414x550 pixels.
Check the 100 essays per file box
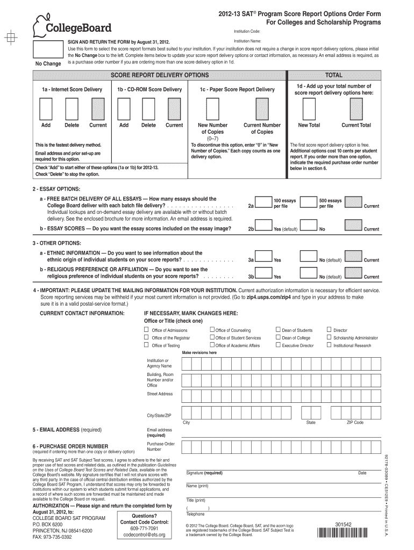pyautogui.click(x=263, y=202)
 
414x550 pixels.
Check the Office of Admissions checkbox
pyautogui.click(x=146, y=330)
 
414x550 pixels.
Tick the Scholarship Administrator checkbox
pyautogui.click(x=329, y=337)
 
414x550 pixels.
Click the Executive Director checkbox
pyautogui.click(x=277, y=345)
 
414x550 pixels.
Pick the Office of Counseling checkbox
pyautogui.click(x=212, y=330)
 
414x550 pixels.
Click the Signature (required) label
pyautogui.click(x=204, y=473)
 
